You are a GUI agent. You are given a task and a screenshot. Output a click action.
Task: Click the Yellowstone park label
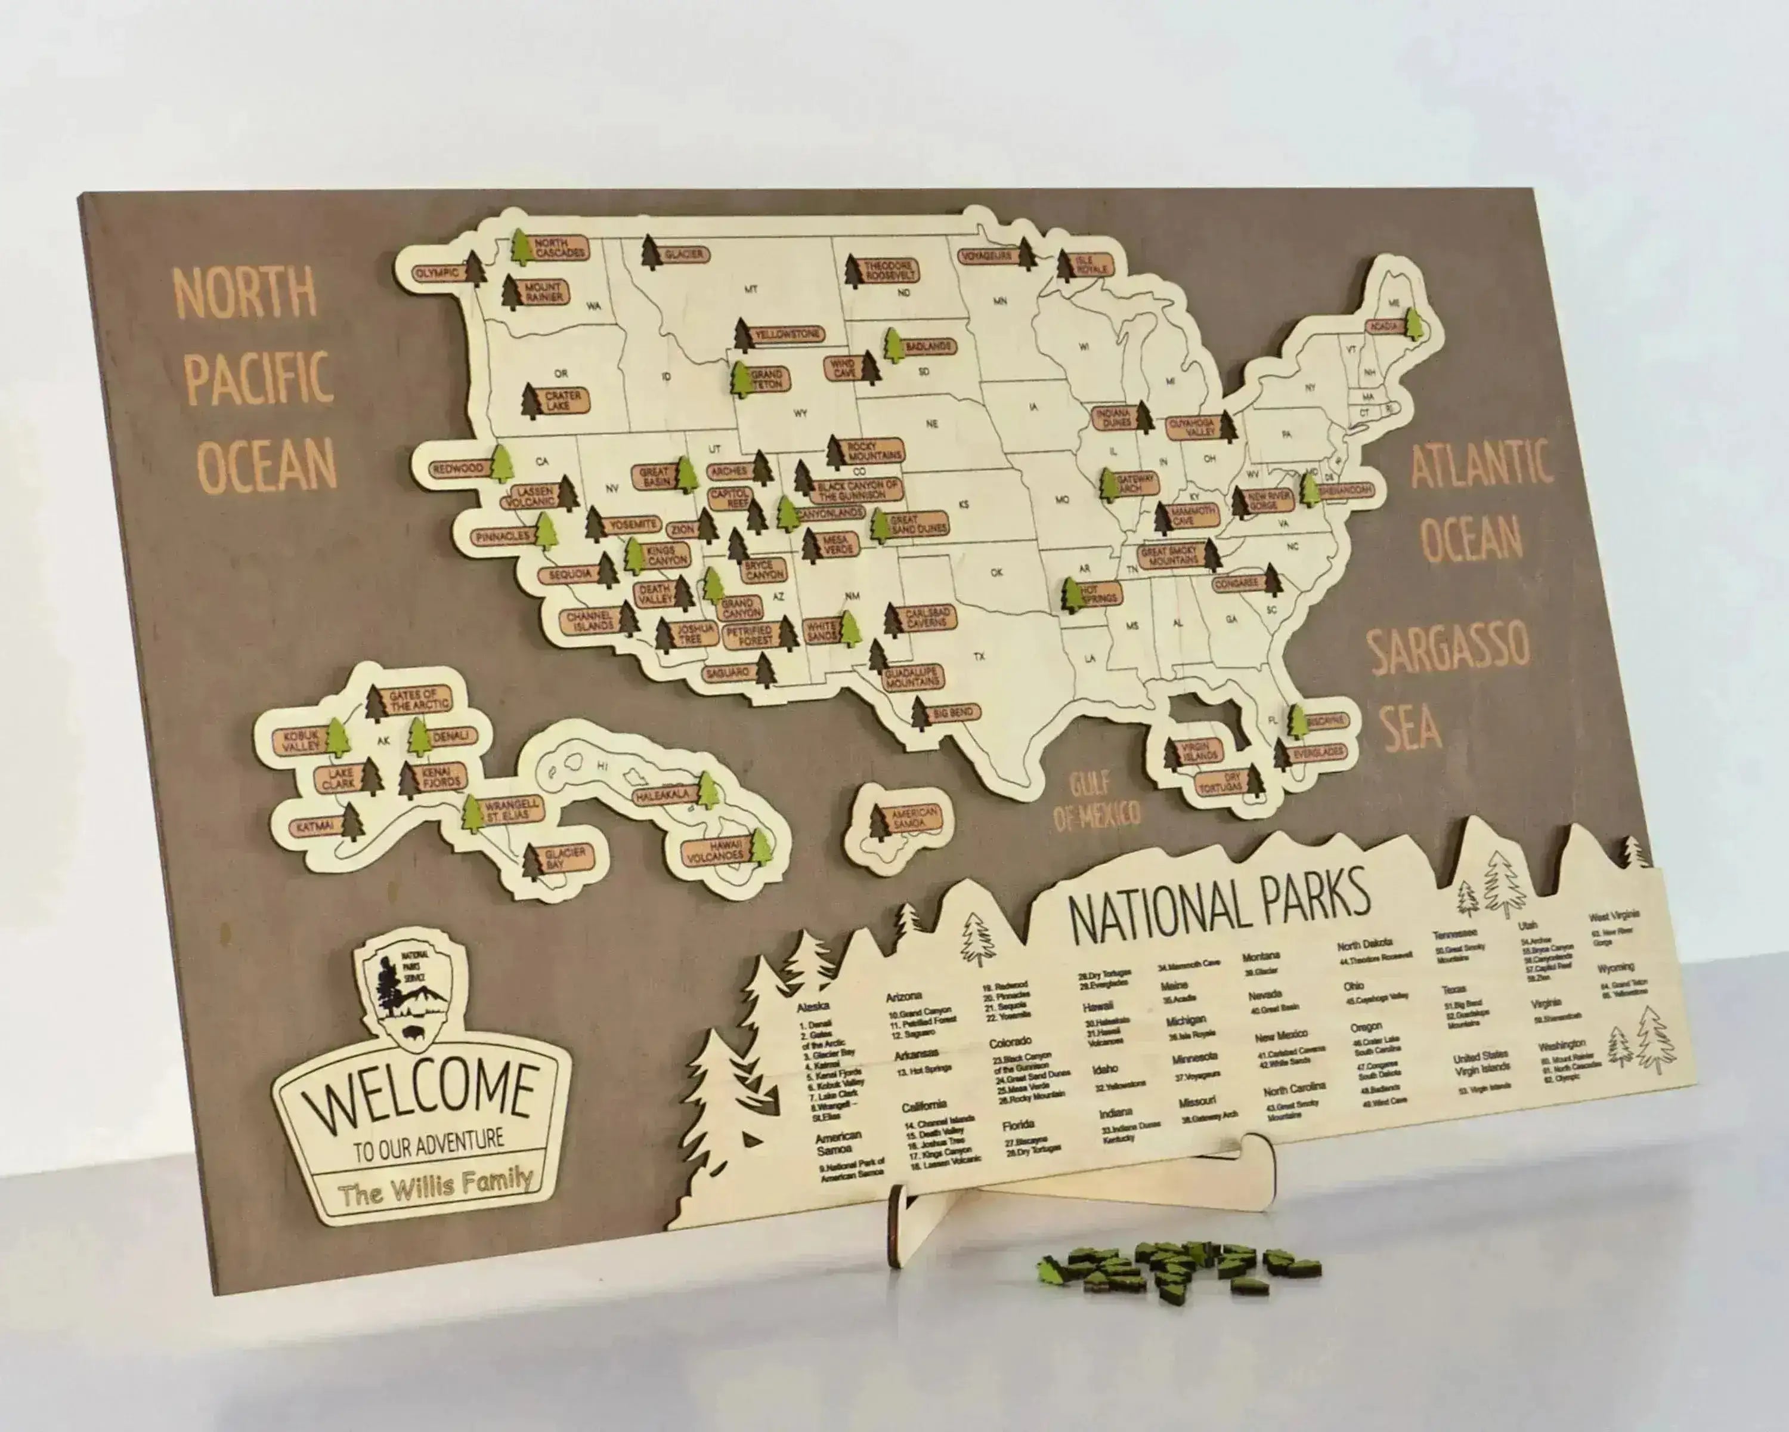click(786, 335)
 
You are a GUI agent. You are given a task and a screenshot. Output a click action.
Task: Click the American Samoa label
click(914, 817)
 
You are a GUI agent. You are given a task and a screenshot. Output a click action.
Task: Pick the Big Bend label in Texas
click(952, 713)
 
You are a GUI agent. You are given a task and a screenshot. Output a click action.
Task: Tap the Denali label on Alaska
click(451, 736)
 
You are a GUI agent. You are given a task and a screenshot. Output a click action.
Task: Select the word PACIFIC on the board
click(258, 378)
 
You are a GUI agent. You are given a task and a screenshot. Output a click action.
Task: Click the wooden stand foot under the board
click(1079, 1195)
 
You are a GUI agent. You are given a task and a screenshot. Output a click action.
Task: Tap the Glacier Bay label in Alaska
click(564, 857)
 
